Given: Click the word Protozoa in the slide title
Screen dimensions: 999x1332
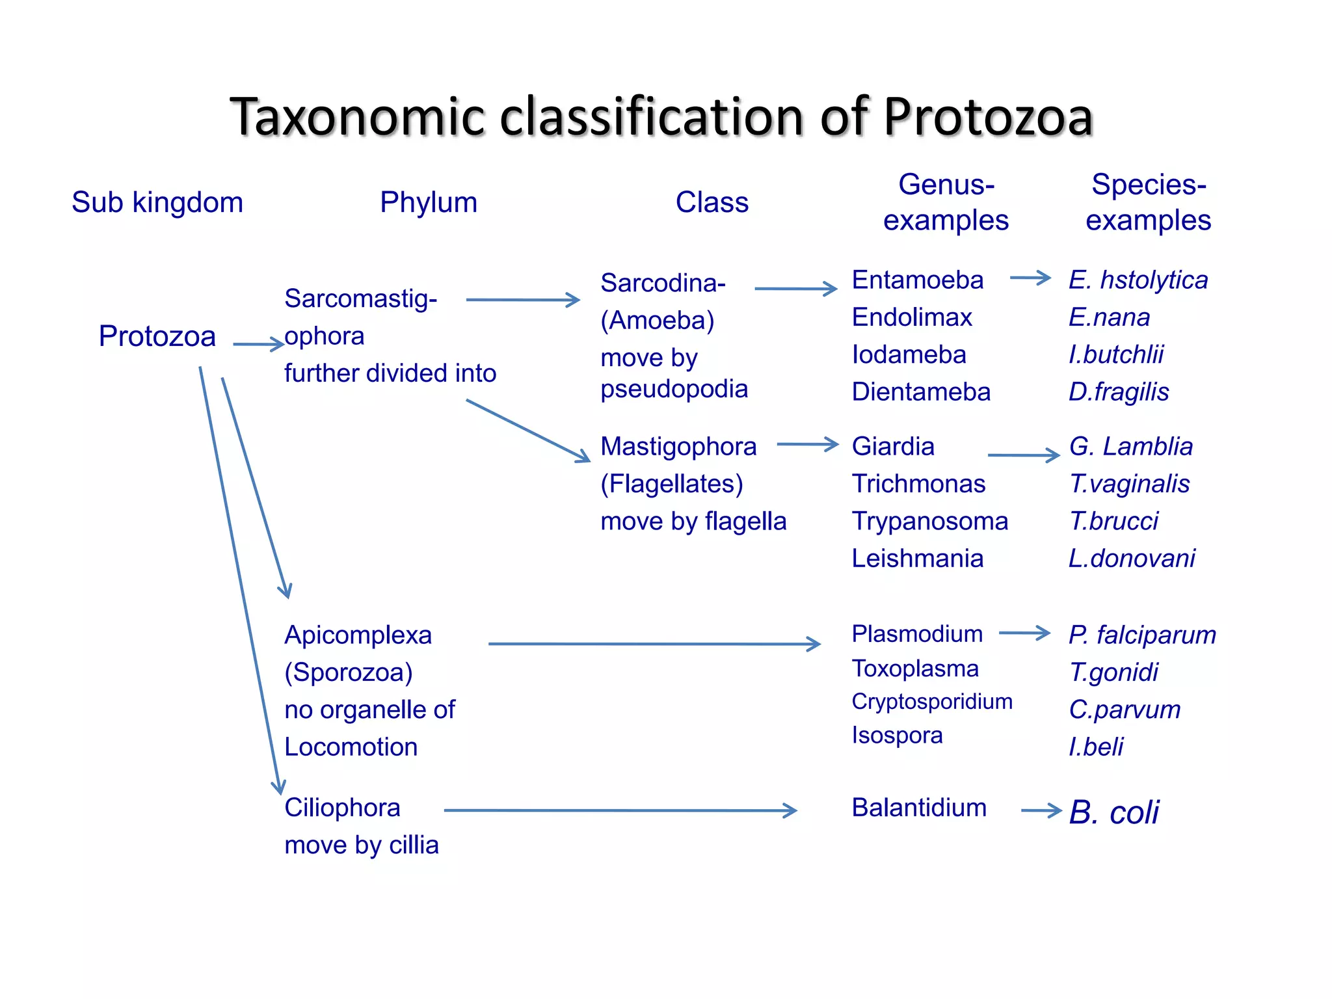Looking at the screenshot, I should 987,118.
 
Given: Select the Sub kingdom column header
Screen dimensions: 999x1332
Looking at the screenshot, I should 157,202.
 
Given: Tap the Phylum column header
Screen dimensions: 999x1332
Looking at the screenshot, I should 429,202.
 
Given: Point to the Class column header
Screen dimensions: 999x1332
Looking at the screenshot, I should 712,202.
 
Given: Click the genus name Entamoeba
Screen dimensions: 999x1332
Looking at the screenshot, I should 918,280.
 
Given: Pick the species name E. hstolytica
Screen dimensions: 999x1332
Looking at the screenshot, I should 1138,280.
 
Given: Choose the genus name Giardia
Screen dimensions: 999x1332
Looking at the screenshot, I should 893,447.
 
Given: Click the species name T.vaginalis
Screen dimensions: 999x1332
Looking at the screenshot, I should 1129,484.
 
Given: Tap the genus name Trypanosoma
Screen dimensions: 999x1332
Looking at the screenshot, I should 930,521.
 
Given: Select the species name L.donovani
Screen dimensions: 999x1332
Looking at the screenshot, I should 1132,559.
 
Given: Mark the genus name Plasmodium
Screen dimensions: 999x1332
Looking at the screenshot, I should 917,634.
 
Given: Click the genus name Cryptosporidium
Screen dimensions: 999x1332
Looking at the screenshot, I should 932,701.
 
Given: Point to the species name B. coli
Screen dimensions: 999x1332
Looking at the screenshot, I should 1113,812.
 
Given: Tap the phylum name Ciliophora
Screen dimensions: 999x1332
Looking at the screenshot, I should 342,808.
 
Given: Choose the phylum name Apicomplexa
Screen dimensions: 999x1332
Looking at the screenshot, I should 358,635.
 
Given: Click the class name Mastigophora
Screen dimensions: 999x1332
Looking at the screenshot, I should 678,447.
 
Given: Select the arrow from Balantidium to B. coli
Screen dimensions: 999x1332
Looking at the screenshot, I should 1041,810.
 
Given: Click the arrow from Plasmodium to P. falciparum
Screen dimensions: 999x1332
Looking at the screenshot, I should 1024,633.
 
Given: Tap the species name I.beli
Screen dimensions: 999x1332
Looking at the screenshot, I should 1096,747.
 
